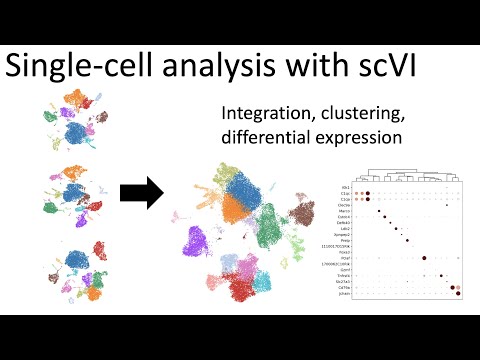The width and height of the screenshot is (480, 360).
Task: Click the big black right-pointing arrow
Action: tap(142, 193)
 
